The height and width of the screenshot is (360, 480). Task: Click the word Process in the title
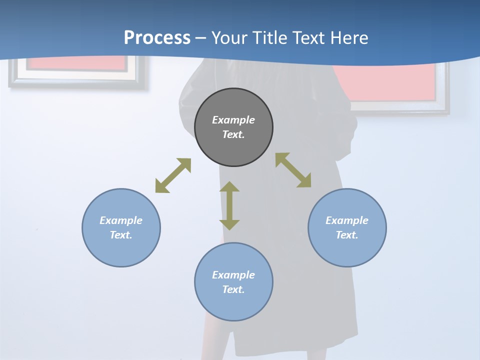tap(157, 37)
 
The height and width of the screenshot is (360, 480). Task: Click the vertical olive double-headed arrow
tap(229, 205)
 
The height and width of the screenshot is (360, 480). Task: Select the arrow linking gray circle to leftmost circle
tap(173, 175)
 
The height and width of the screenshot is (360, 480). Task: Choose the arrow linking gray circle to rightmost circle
tap(293, 170)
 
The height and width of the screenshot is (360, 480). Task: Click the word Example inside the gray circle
tap(233, 120)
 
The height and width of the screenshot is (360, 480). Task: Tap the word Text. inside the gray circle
tap(233, 134)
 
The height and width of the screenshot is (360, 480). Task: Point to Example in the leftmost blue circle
tap(121, 220)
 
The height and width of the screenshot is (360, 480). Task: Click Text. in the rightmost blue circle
tap(347, 235)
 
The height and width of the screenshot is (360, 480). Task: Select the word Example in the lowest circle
tap(233, 275)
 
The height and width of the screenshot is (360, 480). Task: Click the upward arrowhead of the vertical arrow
tap(229, 187)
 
